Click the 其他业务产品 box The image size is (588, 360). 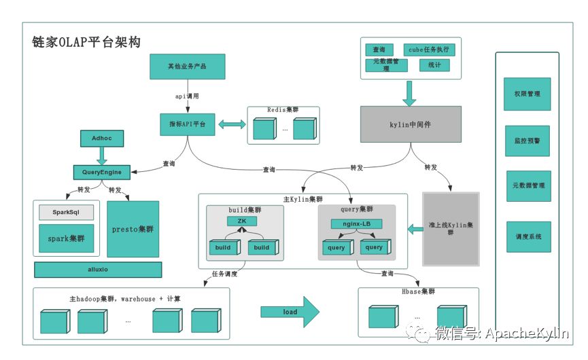click(x=187, y=67)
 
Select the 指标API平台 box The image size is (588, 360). click(x=188, y=125)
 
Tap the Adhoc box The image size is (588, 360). click(x=101, y=138)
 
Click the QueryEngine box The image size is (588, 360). click(x=101, y=172)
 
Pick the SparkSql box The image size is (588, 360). click(x=66, y=213)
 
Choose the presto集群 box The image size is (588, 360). click(x=133, y=229)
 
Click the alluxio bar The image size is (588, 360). click(x=98, y=270)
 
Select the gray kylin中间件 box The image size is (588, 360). click(x=410, y=126)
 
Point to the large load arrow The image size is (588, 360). click(x=290, y=312)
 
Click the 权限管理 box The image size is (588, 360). click(x=528, y=94)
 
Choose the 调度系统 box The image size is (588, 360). click(x=528, y=238)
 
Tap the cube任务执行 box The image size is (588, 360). click(x=430, y=50)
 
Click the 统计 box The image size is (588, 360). click(x=434, y=65)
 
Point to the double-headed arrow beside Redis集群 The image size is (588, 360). click(x=231, y=125)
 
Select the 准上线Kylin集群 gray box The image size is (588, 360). click(x=451, y=228)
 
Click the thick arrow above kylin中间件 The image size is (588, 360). click(x=409, y=93)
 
